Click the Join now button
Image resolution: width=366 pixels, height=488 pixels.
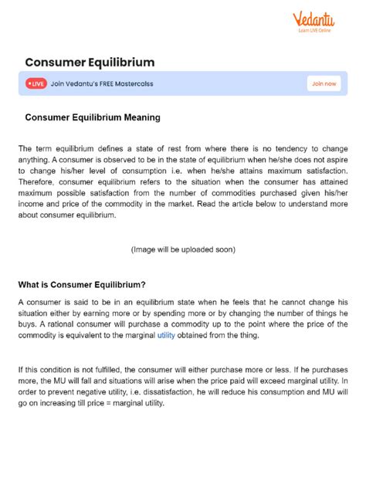324,83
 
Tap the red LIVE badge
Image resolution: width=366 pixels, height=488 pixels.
36,83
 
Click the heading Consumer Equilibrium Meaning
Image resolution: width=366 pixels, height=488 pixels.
93,118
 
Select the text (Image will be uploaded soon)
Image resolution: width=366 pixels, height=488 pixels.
183,249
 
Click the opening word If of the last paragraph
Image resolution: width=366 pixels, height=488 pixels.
22,369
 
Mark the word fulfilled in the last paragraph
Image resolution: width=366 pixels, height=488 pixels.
101,369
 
